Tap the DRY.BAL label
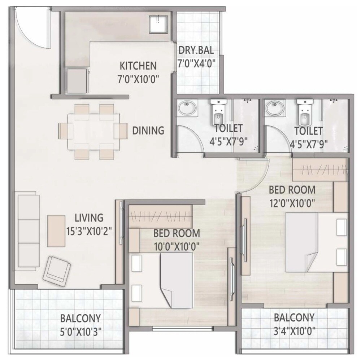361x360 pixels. [x=197, y=51]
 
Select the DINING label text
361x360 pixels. [x=148, y=130]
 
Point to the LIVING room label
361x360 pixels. [x=89, y=218]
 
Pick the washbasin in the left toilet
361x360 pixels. [x=187, y=108]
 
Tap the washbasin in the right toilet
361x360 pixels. [x=274, y=108]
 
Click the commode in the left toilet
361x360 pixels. [x=217, y=113]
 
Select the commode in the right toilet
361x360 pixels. [x=304, y=113]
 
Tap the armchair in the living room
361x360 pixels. [x=57, y=269]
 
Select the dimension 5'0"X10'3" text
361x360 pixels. [x=81, y=331]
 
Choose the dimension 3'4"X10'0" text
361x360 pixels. [x=294, y=330]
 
